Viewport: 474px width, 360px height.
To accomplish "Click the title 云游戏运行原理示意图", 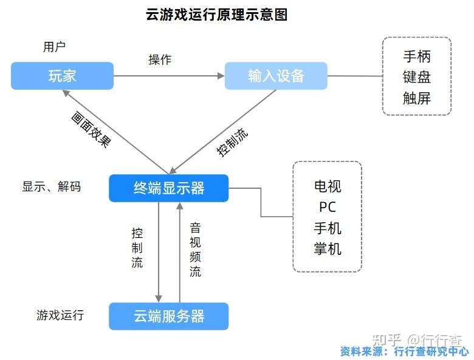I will pos(216,15).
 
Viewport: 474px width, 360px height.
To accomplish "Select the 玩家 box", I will pos(62,76).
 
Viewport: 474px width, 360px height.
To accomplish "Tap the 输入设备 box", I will pos(276,76).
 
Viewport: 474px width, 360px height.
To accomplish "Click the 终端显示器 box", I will pos(169,188).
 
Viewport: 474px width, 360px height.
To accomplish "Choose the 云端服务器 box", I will pos(169,316).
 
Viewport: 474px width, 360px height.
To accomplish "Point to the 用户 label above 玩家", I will pos(54,47).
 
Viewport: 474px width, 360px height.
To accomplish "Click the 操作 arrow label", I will pos(160,59).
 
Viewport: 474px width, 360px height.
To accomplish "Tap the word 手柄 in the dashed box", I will pos(417,57).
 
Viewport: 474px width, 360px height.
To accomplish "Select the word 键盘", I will pos(417,78).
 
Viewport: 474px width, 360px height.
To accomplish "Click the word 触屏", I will pos(417,98).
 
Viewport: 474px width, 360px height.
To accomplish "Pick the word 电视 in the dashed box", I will pos(328,186).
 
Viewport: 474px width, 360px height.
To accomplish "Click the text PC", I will pos(328,206).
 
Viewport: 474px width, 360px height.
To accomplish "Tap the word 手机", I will pos(328,228).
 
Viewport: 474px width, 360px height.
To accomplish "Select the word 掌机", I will pos(328,249).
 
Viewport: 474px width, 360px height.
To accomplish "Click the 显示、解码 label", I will pos(52,187).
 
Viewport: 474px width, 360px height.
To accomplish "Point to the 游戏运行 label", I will pos(60,316).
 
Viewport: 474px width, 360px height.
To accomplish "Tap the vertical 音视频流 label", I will pos(195,250).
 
